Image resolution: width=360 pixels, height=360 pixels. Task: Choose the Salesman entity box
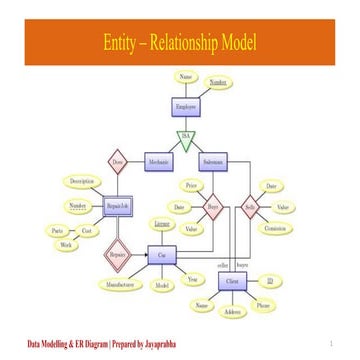213,160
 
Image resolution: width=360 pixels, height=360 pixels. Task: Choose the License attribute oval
160,225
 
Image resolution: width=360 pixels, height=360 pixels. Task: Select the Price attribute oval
190,185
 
